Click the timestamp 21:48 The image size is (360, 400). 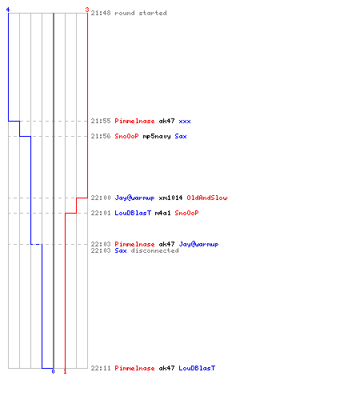tap(101, 13)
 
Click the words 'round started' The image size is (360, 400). tap(141, 13)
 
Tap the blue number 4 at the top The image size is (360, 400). tap(8, 10)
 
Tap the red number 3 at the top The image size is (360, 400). tap(87, 10)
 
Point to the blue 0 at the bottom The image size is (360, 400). tap(53, 371)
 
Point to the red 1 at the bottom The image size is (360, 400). tap(65, 371)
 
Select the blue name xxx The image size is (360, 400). tap(185, 121)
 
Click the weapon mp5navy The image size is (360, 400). tap(157, 136)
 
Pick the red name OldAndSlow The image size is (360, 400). tap(207, 198)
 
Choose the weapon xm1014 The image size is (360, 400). tap(170, 198)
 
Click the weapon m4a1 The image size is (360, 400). tap(162, 213)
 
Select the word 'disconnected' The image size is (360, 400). tap(154, 250)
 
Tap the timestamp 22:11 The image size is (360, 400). tap(101, 368)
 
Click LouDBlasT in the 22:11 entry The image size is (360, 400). tap(197, 368)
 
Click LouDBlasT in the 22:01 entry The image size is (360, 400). tap(133, 213)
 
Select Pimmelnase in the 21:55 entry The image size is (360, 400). tap(134, 121)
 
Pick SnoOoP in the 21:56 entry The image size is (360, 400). tap(126, 136)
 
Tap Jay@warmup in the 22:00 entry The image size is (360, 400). tap(134, 198)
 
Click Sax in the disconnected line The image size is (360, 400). tap(121, 250)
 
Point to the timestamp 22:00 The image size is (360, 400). tap(101, 198)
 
